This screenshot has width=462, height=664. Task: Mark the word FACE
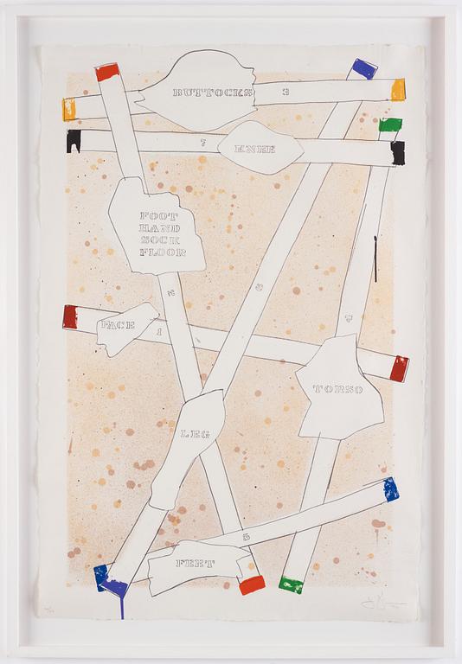click(x=116, y=324)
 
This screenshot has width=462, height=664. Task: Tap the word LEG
click(x=195, y=434)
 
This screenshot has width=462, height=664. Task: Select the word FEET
click(x=196, y=563)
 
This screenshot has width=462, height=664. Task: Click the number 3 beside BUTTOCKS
click(x=285, y=90)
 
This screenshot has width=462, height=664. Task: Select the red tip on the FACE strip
click(x=69, y=317)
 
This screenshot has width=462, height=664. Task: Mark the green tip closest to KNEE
click(x=391, y=125)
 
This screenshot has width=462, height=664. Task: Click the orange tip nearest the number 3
click(x=398, y=90)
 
